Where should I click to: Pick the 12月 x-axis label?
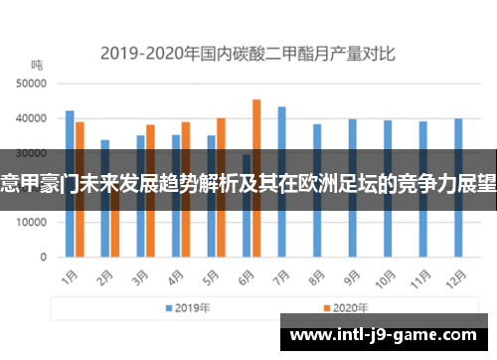pyautogui.click(x=457, y=276)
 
